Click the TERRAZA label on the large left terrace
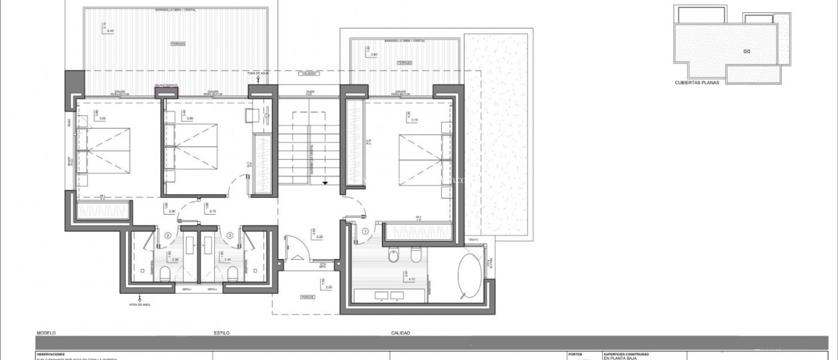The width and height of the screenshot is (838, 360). [x=178, y=43]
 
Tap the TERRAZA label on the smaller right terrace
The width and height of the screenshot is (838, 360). [x=404, y=63]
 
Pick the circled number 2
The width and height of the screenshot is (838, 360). [x=167, y=236]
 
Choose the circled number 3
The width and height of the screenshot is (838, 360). [x=230, y=236]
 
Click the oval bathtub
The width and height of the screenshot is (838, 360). [x=469, y=276]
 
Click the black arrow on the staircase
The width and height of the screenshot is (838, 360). [x=325, y=183]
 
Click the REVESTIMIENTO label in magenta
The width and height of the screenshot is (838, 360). [x=166, y=85]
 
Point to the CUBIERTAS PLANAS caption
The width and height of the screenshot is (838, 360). [x=697, y=82]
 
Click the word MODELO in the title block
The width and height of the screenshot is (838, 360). [x=46, y=333]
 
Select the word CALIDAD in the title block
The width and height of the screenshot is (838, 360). [x=401, y=333]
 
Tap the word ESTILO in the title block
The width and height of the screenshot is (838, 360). [x=221, y=333]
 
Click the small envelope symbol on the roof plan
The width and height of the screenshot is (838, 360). [x=747, y=51]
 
